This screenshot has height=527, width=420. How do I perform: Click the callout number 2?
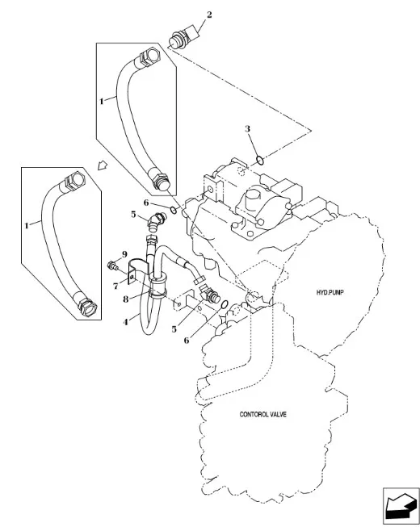209,15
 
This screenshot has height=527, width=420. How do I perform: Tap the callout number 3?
247,129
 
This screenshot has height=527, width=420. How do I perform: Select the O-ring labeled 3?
260,161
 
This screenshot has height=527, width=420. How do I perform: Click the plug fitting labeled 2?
183,38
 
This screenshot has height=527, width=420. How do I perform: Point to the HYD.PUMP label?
330,292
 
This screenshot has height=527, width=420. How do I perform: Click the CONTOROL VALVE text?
263,414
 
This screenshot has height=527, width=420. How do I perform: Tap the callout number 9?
124,253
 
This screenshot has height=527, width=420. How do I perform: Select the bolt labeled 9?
113,266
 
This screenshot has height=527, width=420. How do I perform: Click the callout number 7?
115,286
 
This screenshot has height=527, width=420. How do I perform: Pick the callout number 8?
125,299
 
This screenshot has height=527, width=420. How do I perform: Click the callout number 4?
125,322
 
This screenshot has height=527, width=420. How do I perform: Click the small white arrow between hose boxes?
103,165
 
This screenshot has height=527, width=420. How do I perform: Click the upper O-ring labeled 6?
174,211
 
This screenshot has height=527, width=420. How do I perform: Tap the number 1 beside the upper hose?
102,101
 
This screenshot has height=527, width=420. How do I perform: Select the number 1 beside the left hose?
27,225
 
